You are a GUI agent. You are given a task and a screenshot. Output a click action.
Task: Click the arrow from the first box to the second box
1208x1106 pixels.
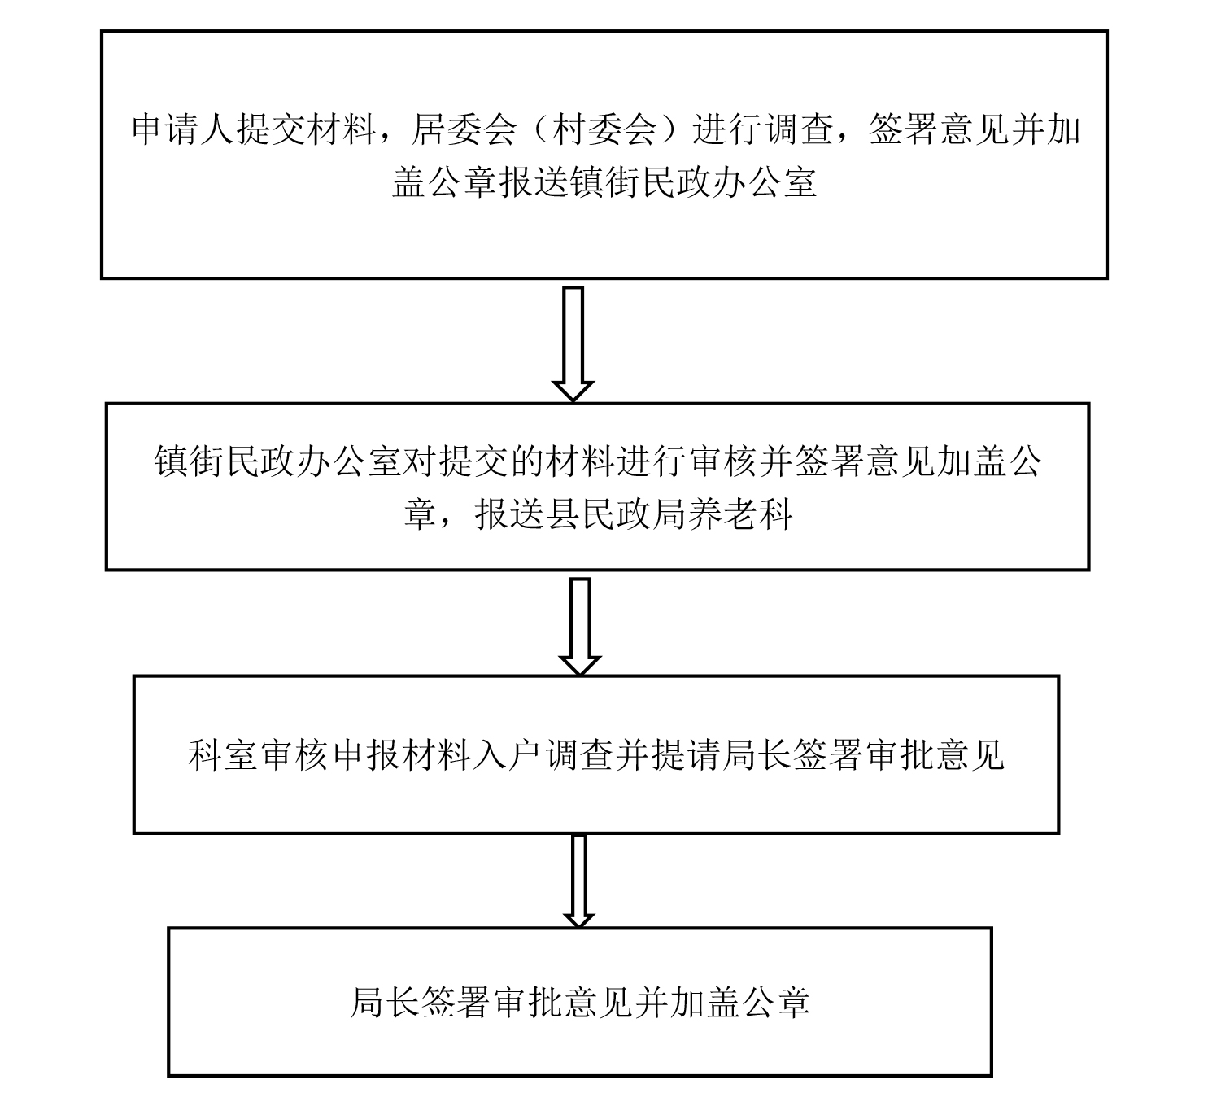click(573, 343)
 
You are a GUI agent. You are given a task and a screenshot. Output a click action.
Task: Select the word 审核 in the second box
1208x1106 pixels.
click(722, 462)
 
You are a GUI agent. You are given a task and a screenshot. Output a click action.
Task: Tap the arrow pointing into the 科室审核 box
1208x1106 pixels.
click(580, 626)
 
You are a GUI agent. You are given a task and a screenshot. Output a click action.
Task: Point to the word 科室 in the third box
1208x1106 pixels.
click(223, 754)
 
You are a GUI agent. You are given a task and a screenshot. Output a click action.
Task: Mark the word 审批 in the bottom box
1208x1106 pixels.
click(526, 1003)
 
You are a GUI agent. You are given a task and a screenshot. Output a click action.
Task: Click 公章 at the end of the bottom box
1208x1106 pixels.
click(774, 1003)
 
